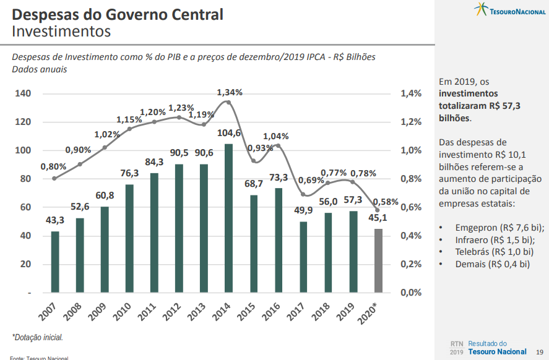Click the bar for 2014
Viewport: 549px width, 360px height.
point(228,218)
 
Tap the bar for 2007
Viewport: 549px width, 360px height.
point(55,261)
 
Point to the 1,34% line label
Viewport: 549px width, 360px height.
point(230,92)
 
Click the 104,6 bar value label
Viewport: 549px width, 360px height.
point(229,133)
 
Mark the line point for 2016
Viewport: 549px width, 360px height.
point(279,146)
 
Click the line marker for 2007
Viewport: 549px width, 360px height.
point(55,178)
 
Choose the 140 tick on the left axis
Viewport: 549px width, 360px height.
point(22,93)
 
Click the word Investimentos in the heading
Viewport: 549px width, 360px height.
point(61,30)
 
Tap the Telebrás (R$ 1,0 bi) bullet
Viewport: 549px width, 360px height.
point(494,252)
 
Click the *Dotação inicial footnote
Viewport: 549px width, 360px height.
point(37,338)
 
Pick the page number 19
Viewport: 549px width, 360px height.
point(540,351)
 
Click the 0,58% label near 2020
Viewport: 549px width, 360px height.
point(385,202)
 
